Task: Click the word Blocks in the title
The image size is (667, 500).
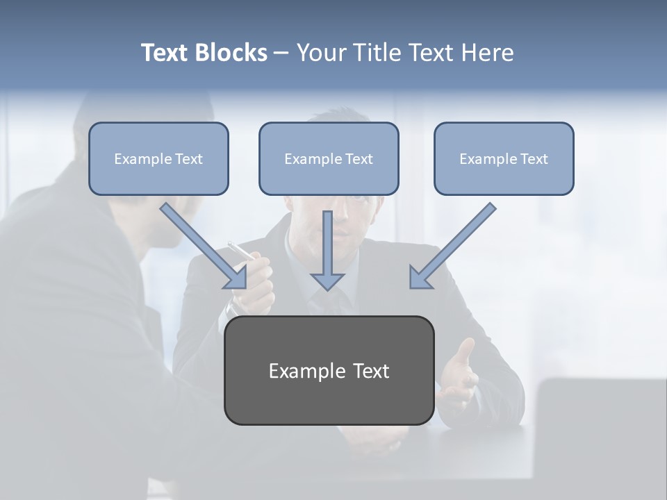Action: click(x=231, y=53)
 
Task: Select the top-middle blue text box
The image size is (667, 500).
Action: click(x=329, y=180)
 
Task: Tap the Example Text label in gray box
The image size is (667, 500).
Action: click(x=329, y=371)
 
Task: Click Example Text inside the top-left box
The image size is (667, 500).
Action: click(x=158, y=159)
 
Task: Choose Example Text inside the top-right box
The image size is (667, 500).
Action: click(x=504, y=159)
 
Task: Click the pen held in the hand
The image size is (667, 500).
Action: click(x=240, y=250)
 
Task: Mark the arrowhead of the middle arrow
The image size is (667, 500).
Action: click(x=328, y=281)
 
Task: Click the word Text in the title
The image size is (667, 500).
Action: click(x=165, y=53)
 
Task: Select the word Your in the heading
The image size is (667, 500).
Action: click(x=320, y=53)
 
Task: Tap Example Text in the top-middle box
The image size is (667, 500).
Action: click(x=329, y=159)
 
